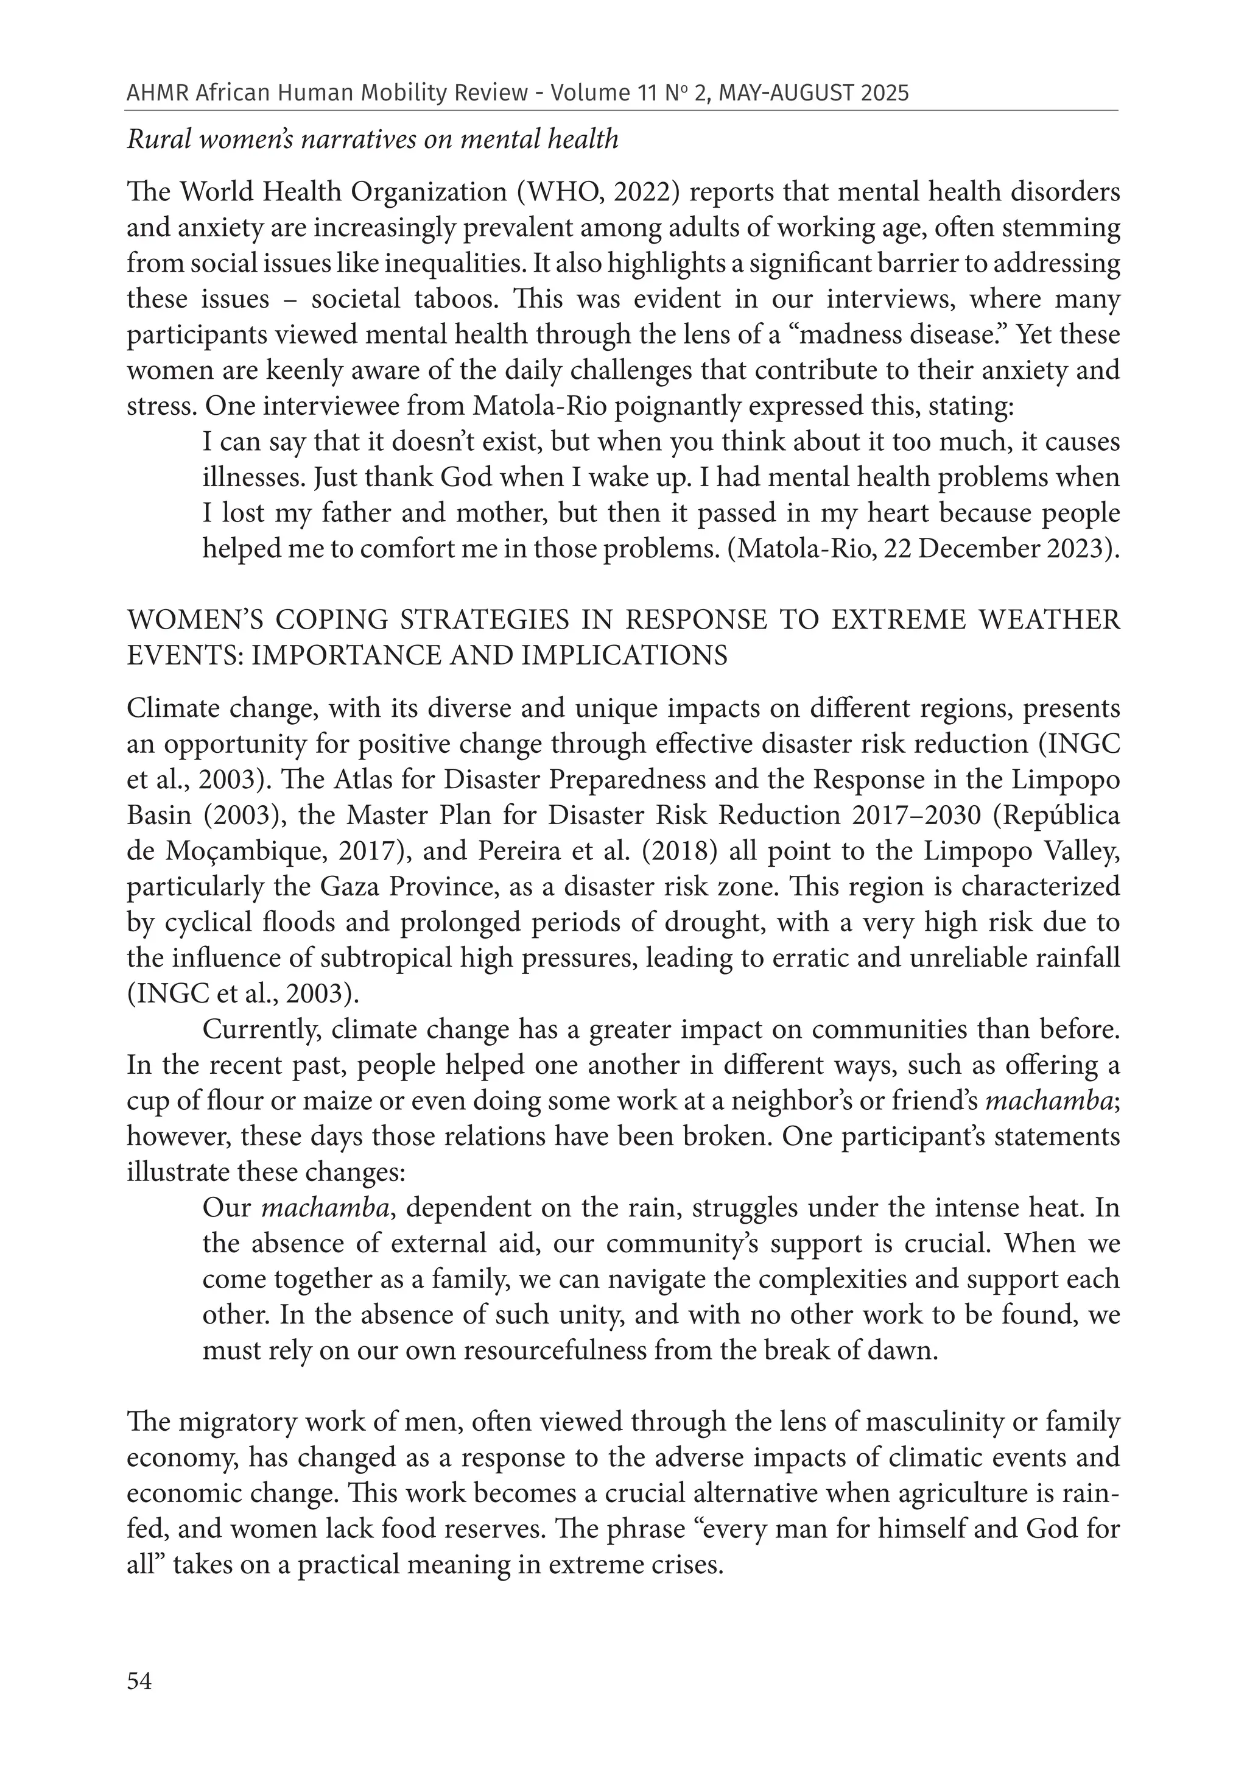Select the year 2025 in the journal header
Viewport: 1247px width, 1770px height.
(884, 93)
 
